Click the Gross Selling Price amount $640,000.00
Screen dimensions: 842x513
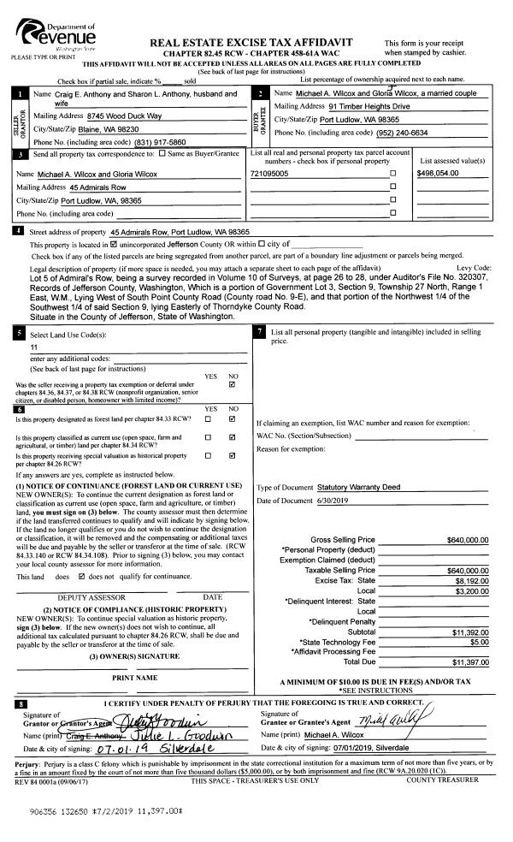pyautogui.click(x=467, y=540)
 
